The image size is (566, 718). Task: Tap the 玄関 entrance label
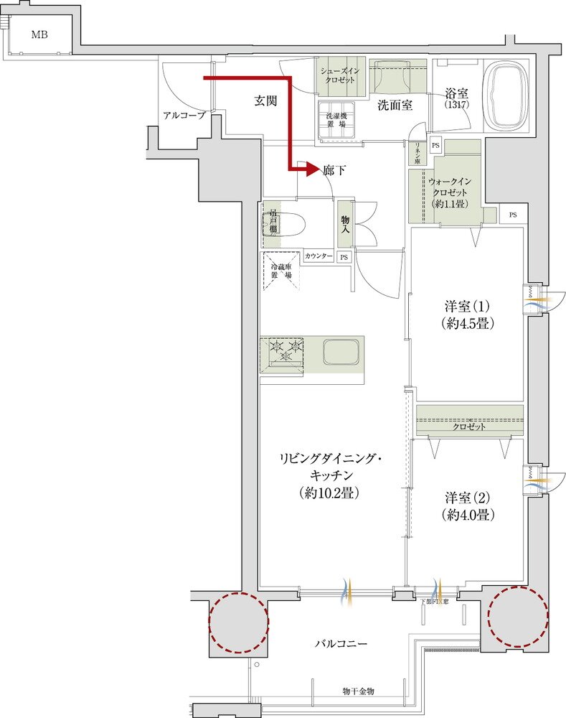pyautogui.click(x=265, y=101)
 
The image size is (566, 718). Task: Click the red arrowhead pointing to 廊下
pyautogui.click(x=310, y=169)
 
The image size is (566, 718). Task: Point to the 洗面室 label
pyautogui.click(x=395, y=105)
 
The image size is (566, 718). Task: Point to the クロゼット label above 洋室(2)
pyautogui.click(x=468, y=426)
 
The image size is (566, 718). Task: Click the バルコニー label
pyautogui.click(x=341, y=644)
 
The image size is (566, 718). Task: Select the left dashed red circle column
pyautogui.click(x=239, y=622)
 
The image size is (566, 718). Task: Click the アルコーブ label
pyautogui.click(x=184, y=115)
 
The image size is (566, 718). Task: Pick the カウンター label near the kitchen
pyautogui.click(x=318, y=256)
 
